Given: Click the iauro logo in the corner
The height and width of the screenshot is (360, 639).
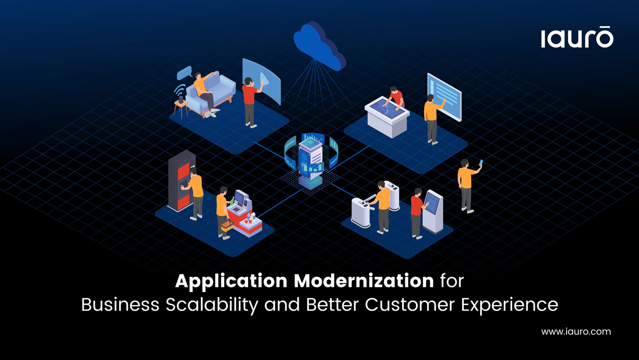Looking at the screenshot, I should coord(577,38).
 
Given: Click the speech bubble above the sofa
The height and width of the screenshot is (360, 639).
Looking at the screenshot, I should coord(184,72).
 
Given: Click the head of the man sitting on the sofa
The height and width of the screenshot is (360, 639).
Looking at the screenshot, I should coord(198,76).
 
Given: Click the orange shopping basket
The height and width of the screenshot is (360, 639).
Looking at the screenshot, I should coord(226,225).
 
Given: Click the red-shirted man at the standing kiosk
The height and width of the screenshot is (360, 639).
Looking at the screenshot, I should coord(416,212).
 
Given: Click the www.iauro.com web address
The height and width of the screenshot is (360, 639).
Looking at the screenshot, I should coord(576,331).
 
